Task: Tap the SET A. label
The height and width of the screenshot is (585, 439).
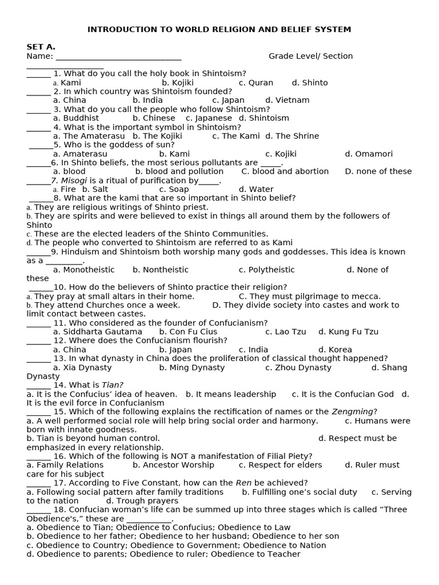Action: click(41, 47)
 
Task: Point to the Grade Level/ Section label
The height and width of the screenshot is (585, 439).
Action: click(310, 56)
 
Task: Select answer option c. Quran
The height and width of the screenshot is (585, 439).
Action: click(256, 82)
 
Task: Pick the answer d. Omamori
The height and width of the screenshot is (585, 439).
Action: click(369, 154)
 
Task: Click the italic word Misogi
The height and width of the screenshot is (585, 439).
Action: click(74, 181)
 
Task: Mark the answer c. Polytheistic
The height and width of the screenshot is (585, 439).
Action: click(267, 270)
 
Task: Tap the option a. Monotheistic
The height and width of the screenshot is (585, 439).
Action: click(84, 270)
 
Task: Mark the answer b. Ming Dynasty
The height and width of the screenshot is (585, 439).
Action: click(192, 367)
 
